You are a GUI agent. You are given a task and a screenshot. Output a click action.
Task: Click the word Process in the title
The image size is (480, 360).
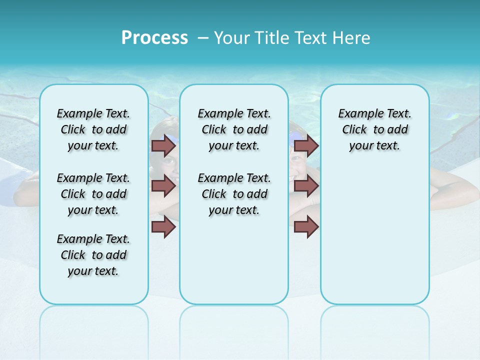(x=154, y=38)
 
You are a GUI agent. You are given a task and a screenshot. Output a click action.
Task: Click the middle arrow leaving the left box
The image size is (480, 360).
(x=163, y=186)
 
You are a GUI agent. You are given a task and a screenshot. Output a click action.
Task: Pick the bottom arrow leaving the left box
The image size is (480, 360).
(x=163, y=227)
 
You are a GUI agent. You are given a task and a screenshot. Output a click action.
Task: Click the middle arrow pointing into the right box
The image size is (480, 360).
(x=306, y=186)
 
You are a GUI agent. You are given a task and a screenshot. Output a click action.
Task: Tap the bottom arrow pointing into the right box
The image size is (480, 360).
(x=306, y=227)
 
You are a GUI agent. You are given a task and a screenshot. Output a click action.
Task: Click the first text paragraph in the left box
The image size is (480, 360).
(x=93, y=129)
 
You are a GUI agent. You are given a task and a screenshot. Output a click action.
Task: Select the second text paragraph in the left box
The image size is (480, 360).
(x=93, y=194)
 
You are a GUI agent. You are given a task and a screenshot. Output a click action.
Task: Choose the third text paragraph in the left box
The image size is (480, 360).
(x=93, y=255)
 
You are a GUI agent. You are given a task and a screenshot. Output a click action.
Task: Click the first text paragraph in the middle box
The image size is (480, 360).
(x=234, y=129)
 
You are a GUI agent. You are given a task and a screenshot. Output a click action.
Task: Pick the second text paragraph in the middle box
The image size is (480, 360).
(x=234, y=194)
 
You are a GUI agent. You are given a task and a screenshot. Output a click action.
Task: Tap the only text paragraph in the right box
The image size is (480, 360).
(x=374, y=129)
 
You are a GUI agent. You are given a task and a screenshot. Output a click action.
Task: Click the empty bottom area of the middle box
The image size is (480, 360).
(x=234, y=265)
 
